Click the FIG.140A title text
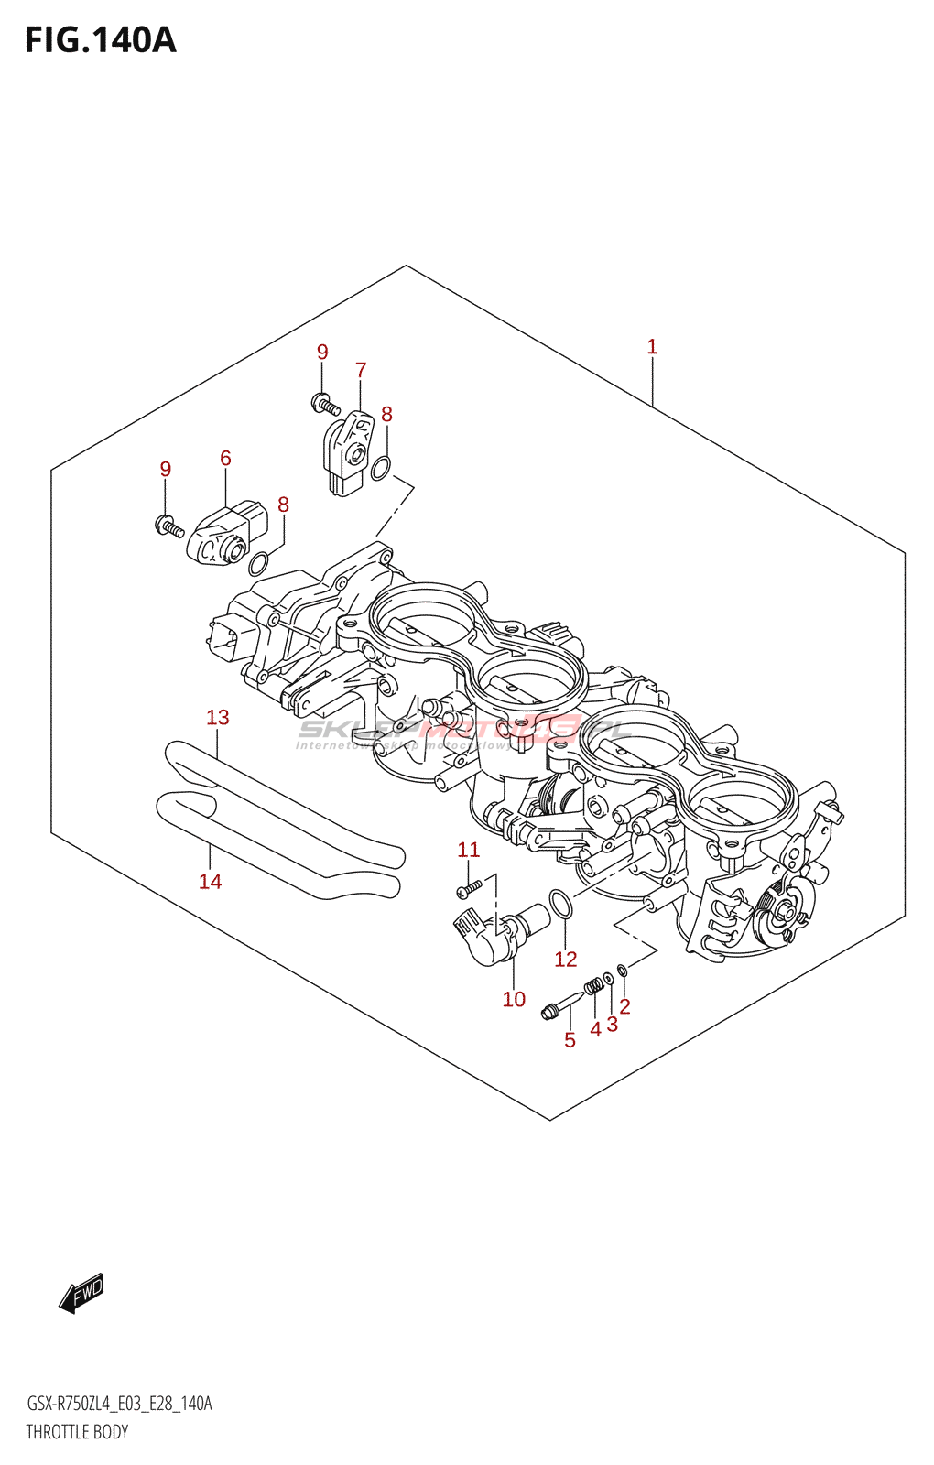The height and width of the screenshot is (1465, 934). click(x=100, y=40)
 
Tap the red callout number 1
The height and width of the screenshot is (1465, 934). click(x=652, y=347)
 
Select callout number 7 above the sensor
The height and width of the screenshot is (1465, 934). click(x=361, y=370)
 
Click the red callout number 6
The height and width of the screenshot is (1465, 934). click(x=225, y=458)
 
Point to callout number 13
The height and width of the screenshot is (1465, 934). click(x=217, y=717)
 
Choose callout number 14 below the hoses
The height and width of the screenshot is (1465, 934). click(x=210, y=881)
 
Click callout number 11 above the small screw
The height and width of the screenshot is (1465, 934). click(x=468, y=850)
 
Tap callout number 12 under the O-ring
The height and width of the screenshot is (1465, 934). click(x=565, y=959)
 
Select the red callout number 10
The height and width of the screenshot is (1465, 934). click(x=514, y=999)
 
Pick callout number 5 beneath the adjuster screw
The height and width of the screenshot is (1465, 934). click(x=570, y=1040)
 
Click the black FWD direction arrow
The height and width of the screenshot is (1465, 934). click(x=81, y=1293)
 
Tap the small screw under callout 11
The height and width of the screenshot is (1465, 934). click(x=469, y=887)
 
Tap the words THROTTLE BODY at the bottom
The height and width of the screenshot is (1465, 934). click(x=77, y=1432)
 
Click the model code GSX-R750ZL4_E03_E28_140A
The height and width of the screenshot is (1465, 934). click(x=119, y=1404)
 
